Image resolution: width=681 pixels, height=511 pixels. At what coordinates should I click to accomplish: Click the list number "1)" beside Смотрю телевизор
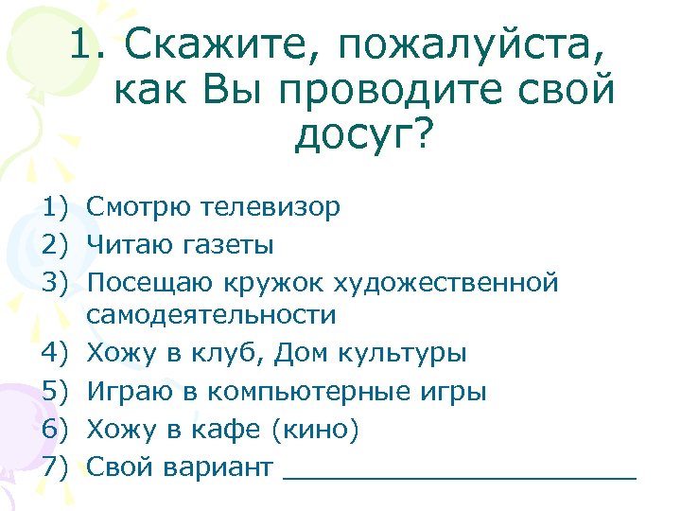click(x=57, y=207)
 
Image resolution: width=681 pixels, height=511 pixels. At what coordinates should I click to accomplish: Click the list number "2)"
click(x=57, y=245)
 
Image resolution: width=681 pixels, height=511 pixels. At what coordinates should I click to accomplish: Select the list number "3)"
click(x=57, y=282)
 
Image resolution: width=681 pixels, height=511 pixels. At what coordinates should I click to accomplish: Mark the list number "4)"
click(x=57, y=354)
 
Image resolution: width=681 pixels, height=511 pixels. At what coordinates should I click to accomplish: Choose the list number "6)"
click(x=57, y=430)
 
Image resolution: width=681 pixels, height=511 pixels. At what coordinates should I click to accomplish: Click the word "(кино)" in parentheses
click(x=315, y=430)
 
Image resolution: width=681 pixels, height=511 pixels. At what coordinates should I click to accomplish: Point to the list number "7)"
click(x=57, y=467)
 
